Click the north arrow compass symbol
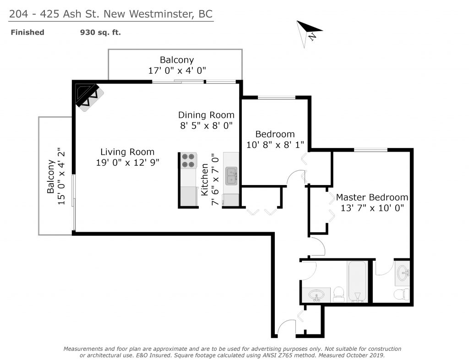pos(308,33)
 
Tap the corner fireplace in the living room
pos(89,97)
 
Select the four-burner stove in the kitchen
pos(188,161)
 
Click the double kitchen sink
pos(231,176)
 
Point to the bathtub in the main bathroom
pos(357,281)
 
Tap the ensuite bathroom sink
pos(403,273)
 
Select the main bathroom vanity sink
pos(316,295)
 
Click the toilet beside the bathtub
pos(338,294)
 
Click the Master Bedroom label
pos(372,197)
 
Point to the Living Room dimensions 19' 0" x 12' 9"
pos(127,162)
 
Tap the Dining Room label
pos(206,115)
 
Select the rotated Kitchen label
pos(205,180)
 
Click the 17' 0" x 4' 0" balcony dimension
pos(177,71)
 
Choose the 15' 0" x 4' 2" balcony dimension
pos(61,176)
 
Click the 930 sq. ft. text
pos(100,33)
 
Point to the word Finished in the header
pos(27,33)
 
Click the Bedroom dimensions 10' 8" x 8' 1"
pos(275,145)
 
